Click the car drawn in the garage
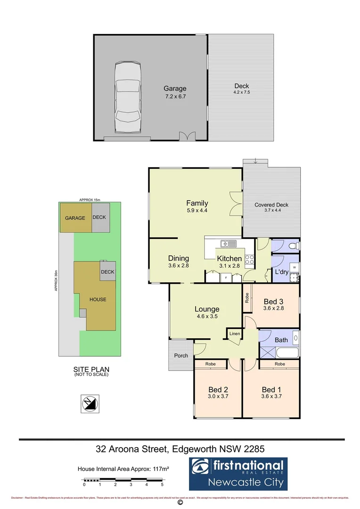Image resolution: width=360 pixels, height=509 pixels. pos(128,99)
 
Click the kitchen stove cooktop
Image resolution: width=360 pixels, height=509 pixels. pos(249,259)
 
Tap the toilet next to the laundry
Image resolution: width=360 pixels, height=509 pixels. pos(293,246)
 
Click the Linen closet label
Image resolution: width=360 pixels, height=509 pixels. pos(235,334)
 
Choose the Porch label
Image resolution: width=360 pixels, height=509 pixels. pos(180,355)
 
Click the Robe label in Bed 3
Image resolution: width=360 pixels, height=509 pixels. pos(247,297)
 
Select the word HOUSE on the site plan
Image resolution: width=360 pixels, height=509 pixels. pos(98,299)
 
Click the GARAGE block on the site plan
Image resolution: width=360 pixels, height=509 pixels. pos(75,218)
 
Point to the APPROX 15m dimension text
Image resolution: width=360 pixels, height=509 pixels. pos(90,200)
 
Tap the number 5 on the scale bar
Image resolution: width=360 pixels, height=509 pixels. pos(162,484)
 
